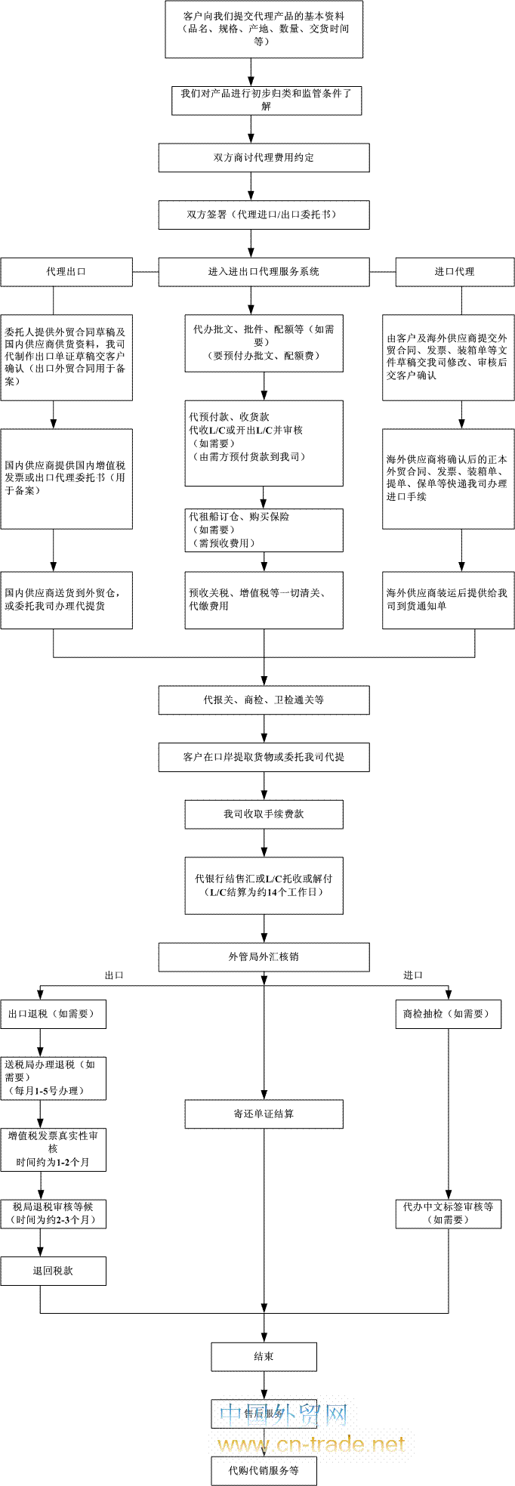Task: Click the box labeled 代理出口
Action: click(x=66, y=272)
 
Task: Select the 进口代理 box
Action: click(x=455, y=272)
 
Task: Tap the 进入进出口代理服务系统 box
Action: click(x=264, y=272)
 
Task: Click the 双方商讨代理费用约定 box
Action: click(x=264, y=158)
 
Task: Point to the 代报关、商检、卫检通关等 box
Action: click(x=264, y=700)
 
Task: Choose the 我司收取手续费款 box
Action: click(x=264, y=814)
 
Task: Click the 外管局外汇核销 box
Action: click(x=264, y=956)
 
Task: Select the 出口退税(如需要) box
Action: click(x=53, y=1014)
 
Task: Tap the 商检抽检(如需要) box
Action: click(x=448, y=1014)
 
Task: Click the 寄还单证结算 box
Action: click(x=264, y=1114)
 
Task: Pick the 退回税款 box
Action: click(x=53, y=1271)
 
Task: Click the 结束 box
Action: click(x=264, y=1357)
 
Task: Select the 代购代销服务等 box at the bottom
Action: click(x=264, y=1470)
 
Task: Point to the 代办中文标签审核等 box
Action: click(x=448, y=1213)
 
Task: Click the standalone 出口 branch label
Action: click(x=114, y=975)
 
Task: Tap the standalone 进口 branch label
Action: click(x=413, y=975)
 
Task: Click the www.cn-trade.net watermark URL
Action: click(x=311, y=1444)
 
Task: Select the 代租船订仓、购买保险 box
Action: click(x=264, y=530)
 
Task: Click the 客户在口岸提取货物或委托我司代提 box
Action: click(x=264, y=757)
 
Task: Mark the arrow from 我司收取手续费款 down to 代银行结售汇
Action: click(x=264, y=842)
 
